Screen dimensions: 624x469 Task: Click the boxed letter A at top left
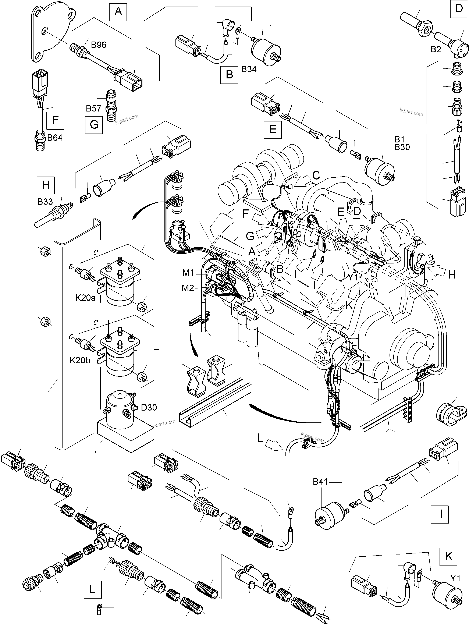click(x=118, y=12)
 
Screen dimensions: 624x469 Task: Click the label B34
click(x=249, y=69)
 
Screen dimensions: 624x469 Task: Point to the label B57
click(x=93, y=108)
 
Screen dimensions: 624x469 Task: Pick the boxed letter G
click(x=94, y=124)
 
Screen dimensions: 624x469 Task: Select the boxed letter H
click(x=46, y=185)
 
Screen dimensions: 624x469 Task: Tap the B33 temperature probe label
click(x=45, y=202)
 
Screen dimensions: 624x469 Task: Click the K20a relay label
click(x=85, y=298)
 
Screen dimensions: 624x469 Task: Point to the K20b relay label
click(x=80, y=360)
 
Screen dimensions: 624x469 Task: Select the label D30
click(x=149, y=407)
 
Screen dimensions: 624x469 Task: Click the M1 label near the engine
click(x=188, y=273)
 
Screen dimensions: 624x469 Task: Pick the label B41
click(x=320, y=482)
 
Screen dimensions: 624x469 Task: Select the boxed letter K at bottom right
click(x=448, y=557)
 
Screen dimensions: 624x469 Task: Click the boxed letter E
click(x=273, y=130)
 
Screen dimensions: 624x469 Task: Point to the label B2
click(x=436, y=49)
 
